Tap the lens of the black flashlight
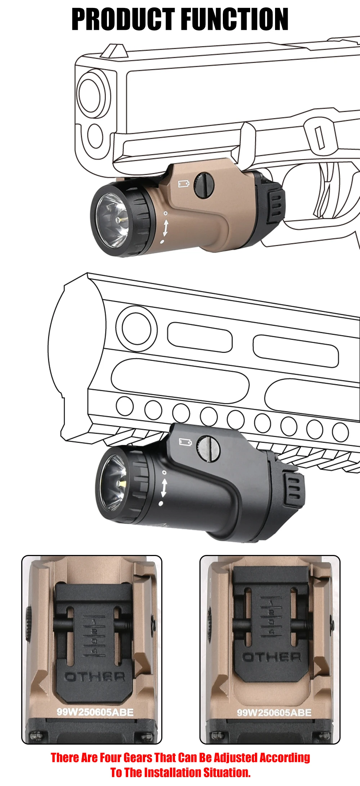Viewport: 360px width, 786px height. point(115,482)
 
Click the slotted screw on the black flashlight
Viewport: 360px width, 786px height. point(209,447)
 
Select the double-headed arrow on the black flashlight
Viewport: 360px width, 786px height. point(164,488)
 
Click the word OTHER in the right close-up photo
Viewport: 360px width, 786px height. point(272,657)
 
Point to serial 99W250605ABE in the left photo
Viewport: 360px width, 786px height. point(95,712)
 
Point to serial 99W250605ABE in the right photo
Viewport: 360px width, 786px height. point(274,713)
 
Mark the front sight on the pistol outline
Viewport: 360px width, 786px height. point(114,50)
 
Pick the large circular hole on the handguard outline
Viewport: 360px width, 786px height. point(137,328)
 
